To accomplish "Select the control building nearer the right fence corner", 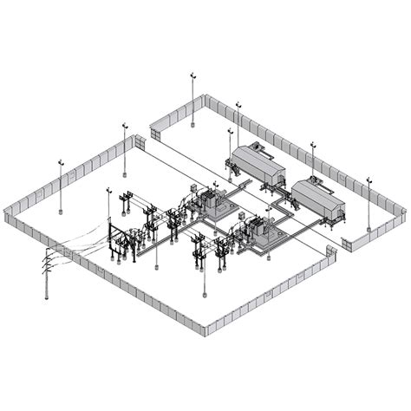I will (318, 199).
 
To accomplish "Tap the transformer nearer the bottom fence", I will (260, 232).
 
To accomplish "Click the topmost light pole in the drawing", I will (192, 100).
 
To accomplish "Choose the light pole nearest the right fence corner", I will (369, 204).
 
